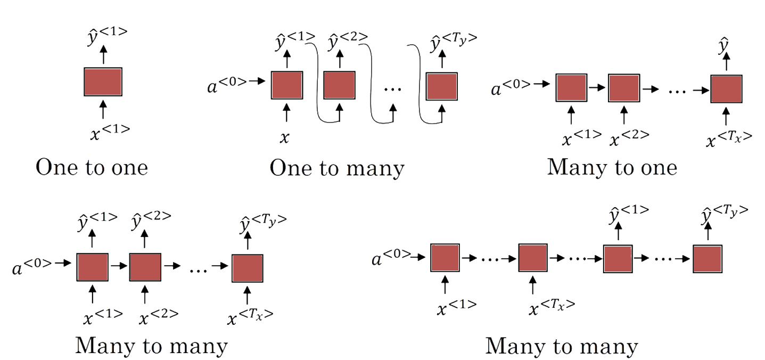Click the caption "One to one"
click(x=92, y=168)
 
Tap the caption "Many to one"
click(x=612, y=168)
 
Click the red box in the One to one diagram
click(x=103, y=81)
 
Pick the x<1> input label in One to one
click(x=110, y=132)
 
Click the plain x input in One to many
click(x=285, y=138)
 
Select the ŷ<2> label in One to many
click(x=346, y=39)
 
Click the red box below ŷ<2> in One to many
click(x=339, y=84)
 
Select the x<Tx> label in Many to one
click(x=728, y=138)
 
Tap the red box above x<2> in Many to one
click(x=623, y=88)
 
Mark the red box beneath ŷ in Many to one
click(x=726, y=88)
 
